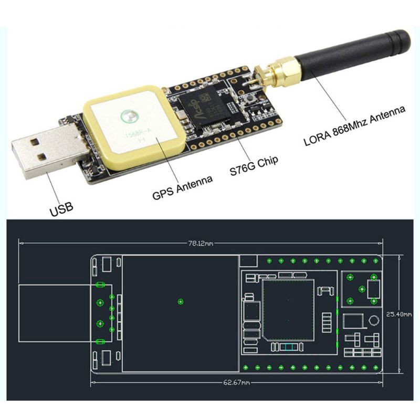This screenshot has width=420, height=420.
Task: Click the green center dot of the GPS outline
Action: point(181,301)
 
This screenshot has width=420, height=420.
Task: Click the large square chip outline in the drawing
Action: point(288,310)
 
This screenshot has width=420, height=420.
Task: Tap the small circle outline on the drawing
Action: point(373,320)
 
